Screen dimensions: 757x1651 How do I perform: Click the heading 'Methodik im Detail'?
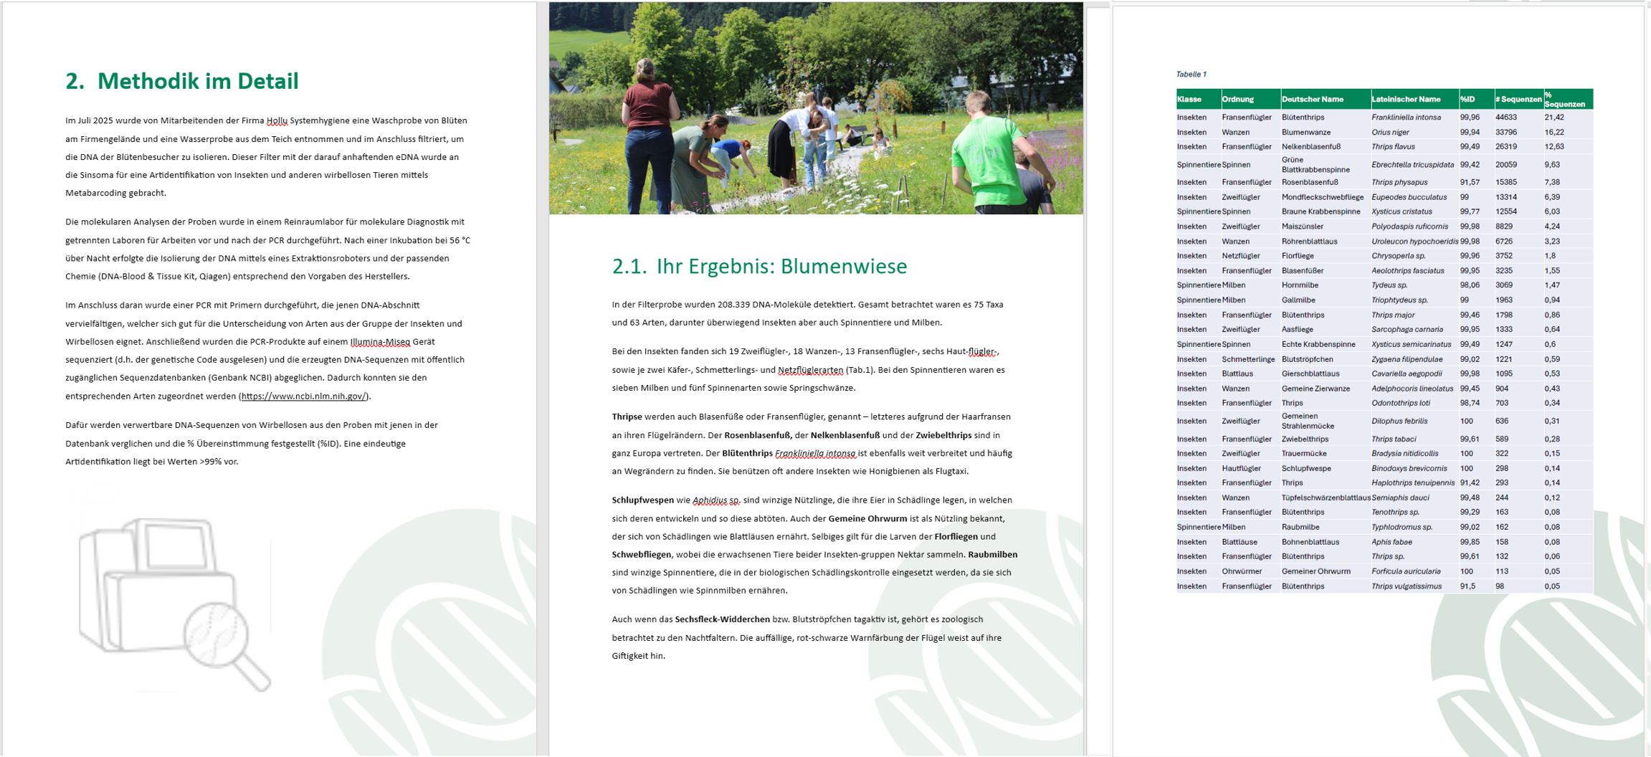197,81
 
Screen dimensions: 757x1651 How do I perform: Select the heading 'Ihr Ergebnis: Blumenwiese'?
781,266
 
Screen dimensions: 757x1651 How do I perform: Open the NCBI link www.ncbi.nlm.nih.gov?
304,396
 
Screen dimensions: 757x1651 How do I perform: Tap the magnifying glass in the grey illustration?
222,638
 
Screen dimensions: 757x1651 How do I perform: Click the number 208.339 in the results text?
739,304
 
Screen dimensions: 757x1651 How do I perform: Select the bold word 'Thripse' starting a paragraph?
627,416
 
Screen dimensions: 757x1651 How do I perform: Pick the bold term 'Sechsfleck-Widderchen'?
722,619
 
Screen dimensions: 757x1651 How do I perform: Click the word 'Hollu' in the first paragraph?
277,120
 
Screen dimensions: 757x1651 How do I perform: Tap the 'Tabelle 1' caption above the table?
1191,74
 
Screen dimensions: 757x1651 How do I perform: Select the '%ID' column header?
1467,99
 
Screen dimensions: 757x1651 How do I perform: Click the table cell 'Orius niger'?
1390,132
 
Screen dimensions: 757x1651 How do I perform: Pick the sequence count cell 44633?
1505,117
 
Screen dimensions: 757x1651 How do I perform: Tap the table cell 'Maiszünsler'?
1303,227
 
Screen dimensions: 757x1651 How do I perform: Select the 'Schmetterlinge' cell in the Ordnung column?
1248,359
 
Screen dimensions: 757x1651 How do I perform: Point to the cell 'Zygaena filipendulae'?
1407,359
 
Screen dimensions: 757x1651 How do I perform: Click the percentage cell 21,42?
1554,117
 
